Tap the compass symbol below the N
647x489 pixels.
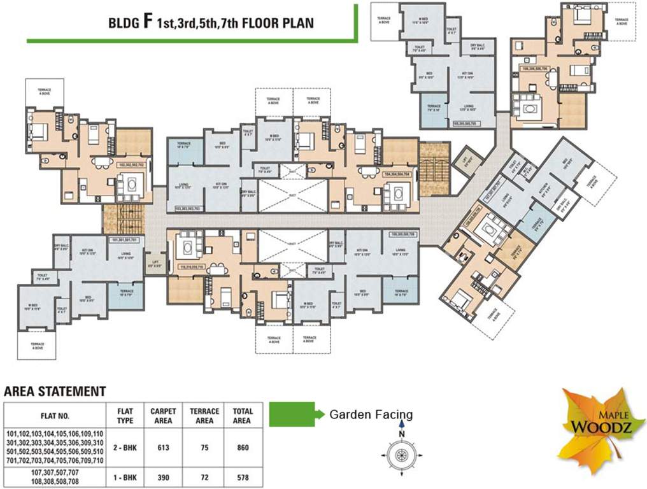(402, 455)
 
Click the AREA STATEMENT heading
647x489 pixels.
(55, 391)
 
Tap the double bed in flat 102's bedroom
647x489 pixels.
(38, 131)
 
